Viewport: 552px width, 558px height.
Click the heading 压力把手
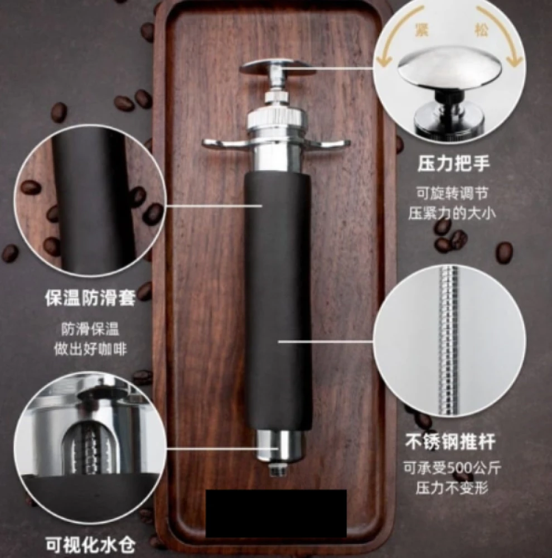point(453,164)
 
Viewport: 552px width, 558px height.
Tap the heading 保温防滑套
point(90,298)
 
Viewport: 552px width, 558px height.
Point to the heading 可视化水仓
point(90,545)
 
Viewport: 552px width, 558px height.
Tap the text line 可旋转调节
point(452,194)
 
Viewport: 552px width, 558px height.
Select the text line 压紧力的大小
point(452,213)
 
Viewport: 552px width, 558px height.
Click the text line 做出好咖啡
point(90,349)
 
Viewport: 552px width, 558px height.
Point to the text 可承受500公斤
point(452,468)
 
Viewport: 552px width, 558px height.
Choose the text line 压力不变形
point(452,487)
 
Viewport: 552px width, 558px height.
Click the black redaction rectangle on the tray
point(277,513)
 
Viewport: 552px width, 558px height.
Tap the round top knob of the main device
point(278,67)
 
